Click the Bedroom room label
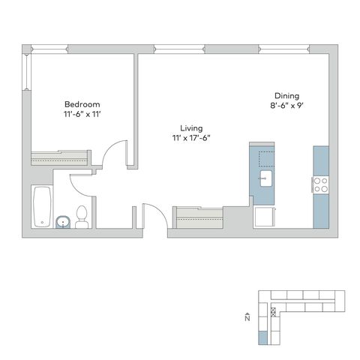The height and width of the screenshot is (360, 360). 82,104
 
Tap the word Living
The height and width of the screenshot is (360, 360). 191,128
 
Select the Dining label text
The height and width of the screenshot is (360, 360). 286,96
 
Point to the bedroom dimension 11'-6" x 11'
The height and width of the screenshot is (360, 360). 82,114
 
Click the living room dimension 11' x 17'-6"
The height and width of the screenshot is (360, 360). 191,138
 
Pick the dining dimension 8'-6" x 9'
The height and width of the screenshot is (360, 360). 286,106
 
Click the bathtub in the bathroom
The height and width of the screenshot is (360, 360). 42,207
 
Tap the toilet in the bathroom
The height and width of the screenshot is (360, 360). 82,217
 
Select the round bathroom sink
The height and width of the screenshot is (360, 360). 63,222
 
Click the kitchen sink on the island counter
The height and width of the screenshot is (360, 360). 265,178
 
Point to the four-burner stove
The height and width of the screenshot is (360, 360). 321,184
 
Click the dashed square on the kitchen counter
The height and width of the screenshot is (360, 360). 266,159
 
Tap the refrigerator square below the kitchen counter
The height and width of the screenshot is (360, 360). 265,217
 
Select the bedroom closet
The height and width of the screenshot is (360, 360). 59,157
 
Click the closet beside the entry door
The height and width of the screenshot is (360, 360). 198,217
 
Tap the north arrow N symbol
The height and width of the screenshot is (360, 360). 247,317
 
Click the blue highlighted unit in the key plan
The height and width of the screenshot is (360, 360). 262,337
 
